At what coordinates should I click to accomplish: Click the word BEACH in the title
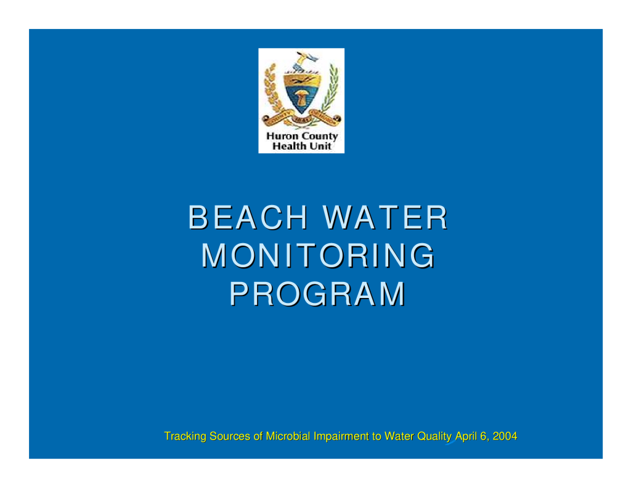coord(248,217)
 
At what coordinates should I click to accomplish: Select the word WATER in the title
coord(386,217)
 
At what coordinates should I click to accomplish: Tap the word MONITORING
coord(319,256)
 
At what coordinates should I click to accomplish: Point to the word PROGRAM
coord(317,294)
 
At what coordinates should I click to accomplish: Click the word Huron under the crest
coord(282,136)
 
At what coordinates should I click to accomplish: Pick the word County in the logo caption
coord(320,137)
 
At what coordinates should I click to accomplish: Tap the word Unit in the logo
coord(320,146)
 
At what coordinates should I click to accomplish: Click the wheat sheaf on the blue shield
coord(301,98)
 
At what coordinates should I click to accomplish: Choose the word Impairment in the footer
coord(341,437)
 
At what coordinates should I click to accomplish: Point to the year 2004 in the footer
coord(505,436)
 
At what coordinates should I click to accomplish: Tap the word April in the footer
coord(466,437)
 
